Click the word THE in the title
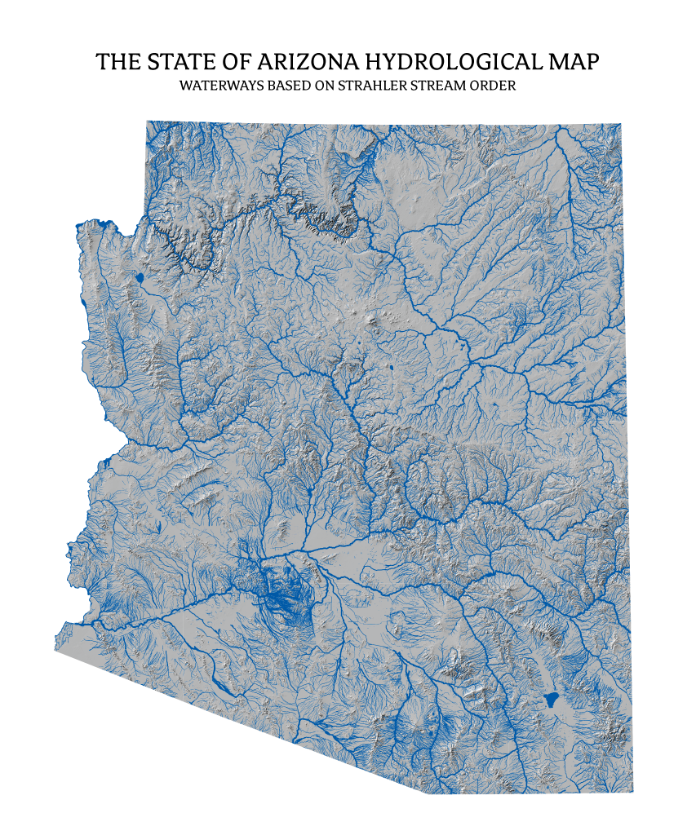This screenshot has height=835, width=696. coord(117,63)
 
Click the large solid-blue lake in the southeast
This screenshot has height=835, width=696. coord(551,700)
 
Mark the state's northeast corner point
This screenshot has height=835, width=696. coord(621,124)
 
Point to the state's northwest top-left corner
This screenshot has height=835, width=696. coord(148,121)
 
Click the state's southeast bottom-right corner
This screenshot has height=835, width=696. coord(633,792)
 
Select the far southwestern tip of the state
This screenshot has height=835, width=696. coord(55,650)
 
